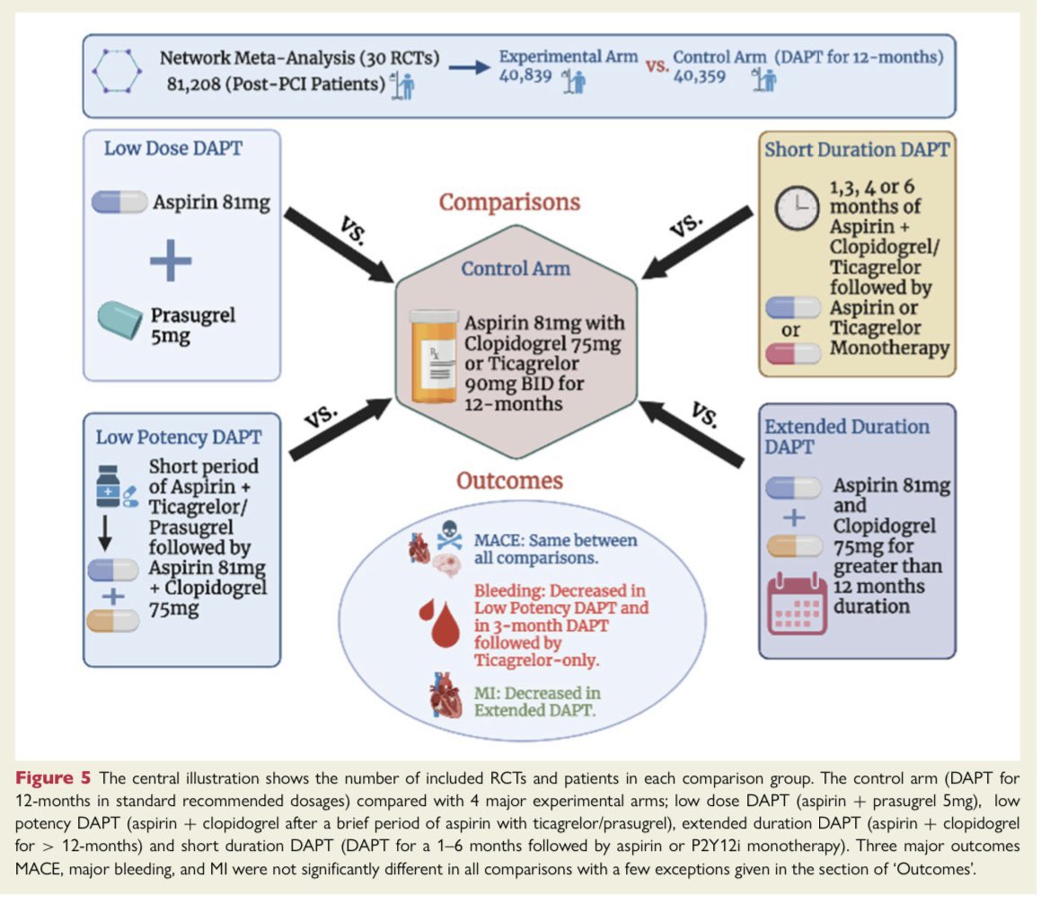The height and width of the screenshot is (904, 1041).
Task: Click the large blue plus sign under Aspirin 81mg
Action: pyautogui.click(x=171, y=260)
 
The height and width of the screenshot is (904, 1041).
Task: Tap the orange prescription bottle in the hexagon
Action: pyautogui.click(x=432, y=356)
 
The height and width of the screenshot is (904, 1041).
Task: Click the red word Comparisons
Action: pyautogui.click(x=509, y=201)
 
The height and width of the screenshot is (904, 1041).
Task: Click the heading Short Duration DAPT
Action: pyautogui.click(x=857, y=149)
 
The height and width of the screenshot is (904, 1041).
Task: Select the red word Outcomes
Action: pyautogui.click(x=509, y=481)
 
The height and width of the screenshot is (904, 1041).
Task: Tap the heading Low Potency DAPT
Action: pyautogui.click(x=179, y=437)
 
